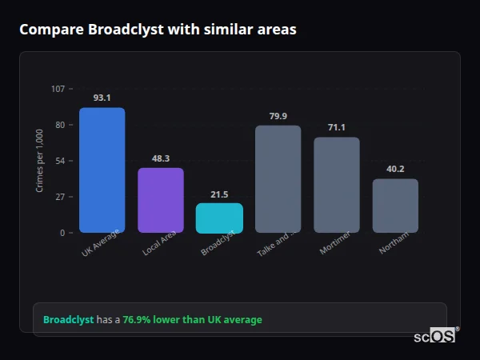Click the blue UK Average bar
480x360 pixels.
(x=102, y=170)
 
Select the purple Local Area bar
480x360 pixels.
(x=161, y=200)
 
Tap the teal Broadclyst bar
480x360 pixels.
(x=219, y=218)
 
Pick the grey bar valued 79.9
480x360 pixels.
(x=278, y=178)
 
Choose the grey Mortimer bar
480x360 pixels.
(x=337, y=185)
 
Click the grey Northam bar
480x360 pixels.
(x=395, y=206)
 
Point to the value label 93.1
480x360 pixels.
(x=102, y=98)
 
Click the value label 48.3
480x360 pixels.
(x=161, y=158)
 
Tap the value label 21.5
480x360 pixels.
(x=219, y=194)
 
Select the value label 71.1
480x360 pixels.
(x=337, y=128)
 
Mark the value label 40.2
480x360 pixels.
(x=395, y=169)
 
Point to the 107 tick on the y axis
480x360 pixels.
(x=58, y=89)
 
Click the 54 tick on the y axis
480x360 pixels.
(x=60, y=161)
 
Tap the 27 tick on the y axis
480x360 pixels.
(x=60, y=197)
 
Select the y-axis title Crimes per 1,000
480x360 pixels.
(x=40, y=161)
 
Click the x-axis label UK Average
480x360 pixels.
(x=101, y=245)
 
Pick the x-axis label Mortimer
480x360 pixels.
(x=335, y=244)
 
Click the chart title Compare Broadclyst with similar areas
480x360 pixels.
(x=158, y=30)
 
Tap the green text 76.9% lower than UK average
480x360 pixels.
(x=192, y=320)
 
